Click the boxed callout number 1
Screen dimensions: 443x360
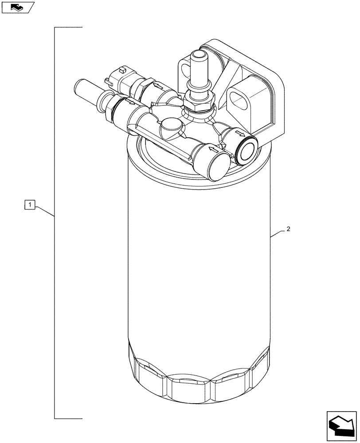click(x=30, y=204)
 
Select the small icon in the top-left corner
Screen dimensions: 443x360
click(x=17, y=7)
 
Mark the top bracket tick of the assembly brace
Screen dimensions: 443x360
click(x=69, y=28)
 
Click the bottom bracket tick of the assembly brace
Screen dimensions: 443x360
click(x=69, y=418)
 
